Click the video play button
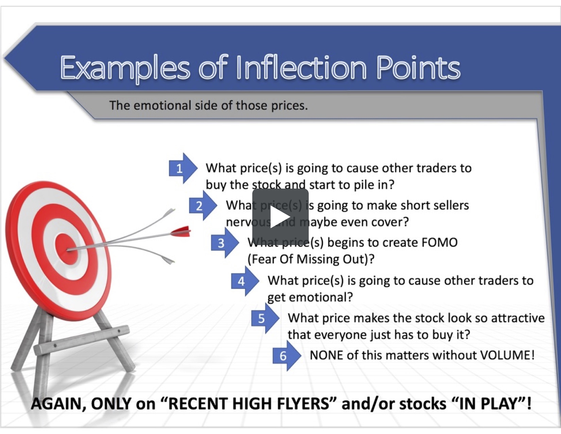pos(280,217)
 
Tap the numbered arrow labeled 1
pos(182,168)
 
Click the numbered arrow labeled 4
pos(244,281)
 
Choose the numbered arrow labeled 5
pos(264,319)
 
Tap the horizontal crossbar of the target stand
pos(82,339)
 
